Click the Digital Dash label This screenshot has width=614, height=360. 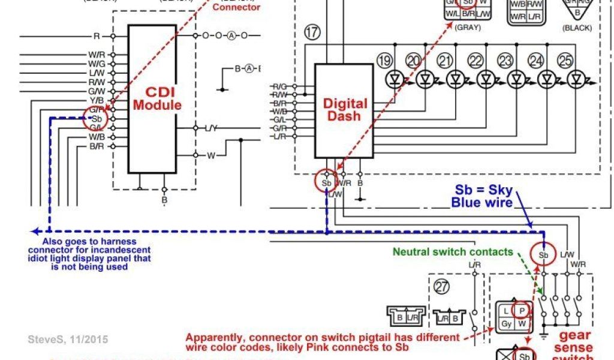tap(345, 109)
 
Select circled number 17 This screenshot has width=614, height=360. tap(312, 32)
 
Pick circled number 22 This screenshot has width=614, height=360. tap(475, 61)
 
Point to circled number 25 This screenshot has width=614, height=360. tap(565, 61)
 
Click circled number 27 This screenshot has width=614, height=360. tap(442, 287)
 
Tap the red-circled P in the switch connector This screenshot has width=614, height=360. tap(522, 310)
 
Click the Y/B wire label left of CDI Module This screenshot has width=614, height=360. tap(97, 100)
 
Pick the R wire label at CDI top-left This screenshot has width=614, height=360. tap(97, 37)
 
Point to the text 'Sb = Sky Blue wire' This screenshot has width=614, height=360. tap(483, 196)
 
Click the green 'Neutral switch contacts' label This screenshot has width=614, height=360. tap(453, 252)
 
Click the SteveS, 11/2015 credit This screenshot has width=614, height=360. tap(68, 340)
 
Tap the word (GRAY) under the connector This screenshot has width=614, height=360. tap(468, 27)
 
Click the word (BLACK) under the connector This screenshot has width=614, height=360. tap(577, 28)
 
